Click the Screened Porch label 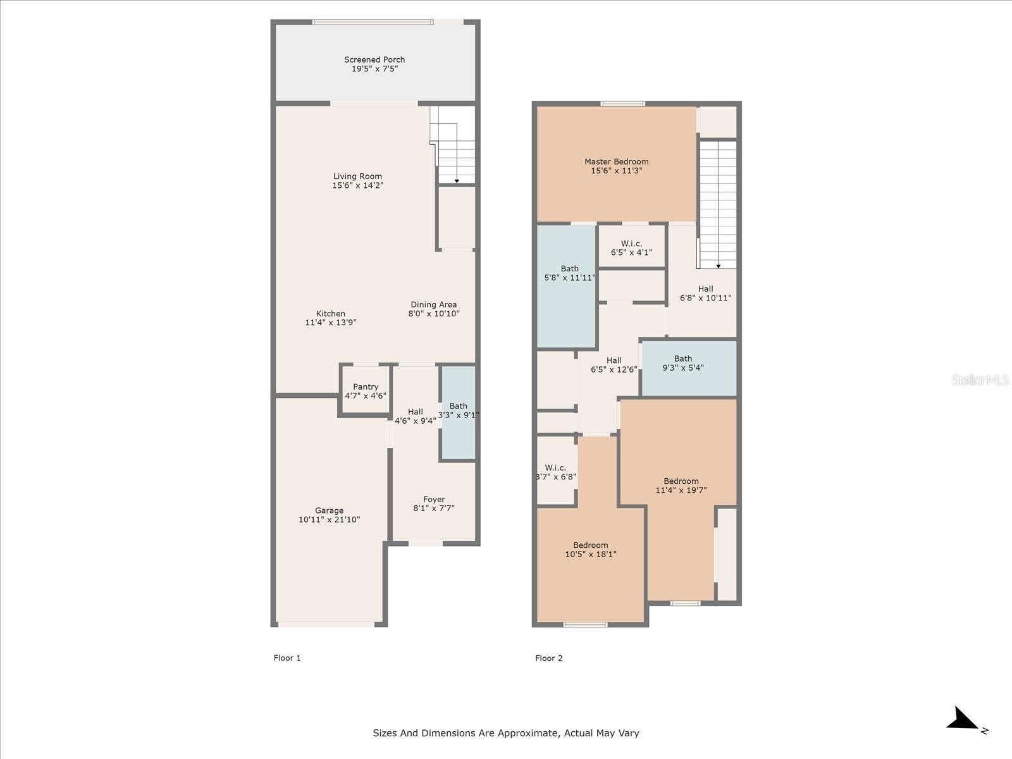click(374, 59)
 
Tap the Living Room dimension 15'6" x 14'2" click(357, 185)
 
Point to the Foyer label click(434, 499)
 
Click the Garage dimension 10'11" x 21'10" click(329, 519)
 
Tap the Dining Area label click(433, 304)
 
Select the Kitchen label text click(331, 313)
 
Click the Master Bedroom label click(616, 161)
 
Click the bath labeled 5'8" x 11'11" click(569, 273)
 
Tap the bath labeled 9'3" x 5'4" click(682, 363)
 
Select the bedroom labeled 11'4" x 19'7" click(681, 485)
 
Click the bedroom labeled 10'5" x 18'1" click(590, 550)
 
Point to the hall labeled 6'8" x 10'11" click(705, 293)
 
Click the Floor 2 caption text click(548, 658)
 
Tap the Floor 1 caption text click(287, 658)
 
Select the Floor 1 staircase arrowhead click(457, 181)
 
